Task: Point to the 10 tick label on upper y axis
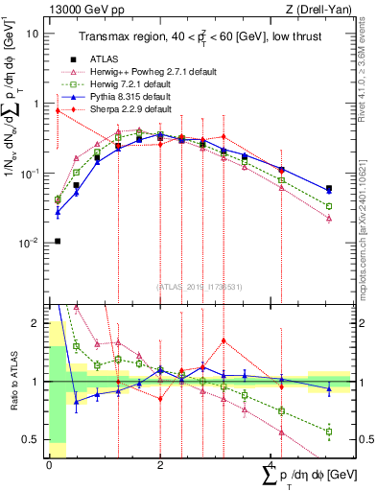(x=33, y=33)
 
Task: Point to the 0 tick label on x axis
(x=49, y=463)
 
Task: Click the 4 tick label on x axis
(x=271, y=463)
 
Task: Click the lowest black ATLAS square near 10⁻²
(x=58, y=241)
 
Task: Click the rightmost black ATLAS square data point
(x=329, y=189)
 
